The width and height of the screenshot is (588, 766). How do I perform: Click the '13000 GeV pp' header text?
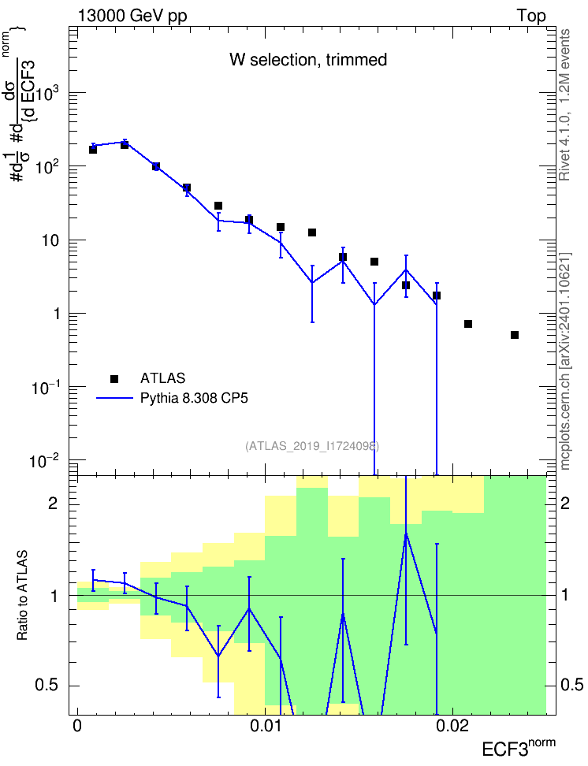click(132, 16)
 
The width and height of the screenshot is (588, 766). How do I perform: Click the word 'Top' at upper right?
click(530, 16)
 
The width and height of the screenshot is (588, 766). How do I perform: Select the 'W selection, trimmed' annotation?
click(308, 60)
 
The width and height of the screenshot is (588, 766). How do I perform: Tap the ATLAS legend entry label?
click(162, 378)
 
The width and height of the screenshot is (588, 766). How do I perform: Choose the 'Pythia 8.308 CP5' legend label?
click(194, 398)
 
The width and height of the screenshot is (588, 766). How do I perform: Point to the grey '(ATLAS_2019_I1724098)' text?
click(312, 445)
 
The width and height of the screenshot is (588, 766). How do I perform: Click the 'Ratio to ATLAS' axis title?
click(22, 596)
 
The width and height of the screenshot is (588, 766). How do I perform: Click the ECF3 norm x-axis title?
click(519, 747)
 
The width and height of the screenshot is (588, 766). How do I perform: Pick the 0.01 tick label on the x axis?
click(265, 726)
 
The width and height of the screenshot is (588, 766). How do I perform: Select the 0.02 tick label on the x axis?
click(452, 726)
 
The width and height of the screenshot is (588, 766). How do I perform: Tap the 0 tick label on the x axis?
click(76, 726)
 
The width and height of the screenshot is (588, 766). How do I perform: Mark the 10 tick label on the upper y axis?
click(50, 240)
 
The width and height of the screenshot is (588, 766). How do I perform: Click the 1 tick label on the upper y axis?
click(56, 314)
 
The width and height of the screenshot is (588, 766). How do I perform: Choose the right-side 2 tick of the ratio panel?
click(565, 504)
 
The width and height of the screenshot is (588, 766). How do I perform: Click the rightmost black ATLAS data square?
click(514, 335)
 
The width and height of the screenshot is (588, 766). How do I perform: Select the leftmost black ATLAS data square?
click(93, 150)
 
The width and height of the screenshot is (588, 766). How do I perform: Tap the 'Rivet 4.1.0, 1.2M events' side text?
click(564, 105)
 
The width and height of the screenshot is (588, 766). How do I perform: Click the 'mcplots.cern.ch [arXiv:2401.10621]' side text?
click(565, 361)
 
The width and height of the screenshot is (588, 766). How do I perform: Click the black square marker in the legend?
click(114, 378)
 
